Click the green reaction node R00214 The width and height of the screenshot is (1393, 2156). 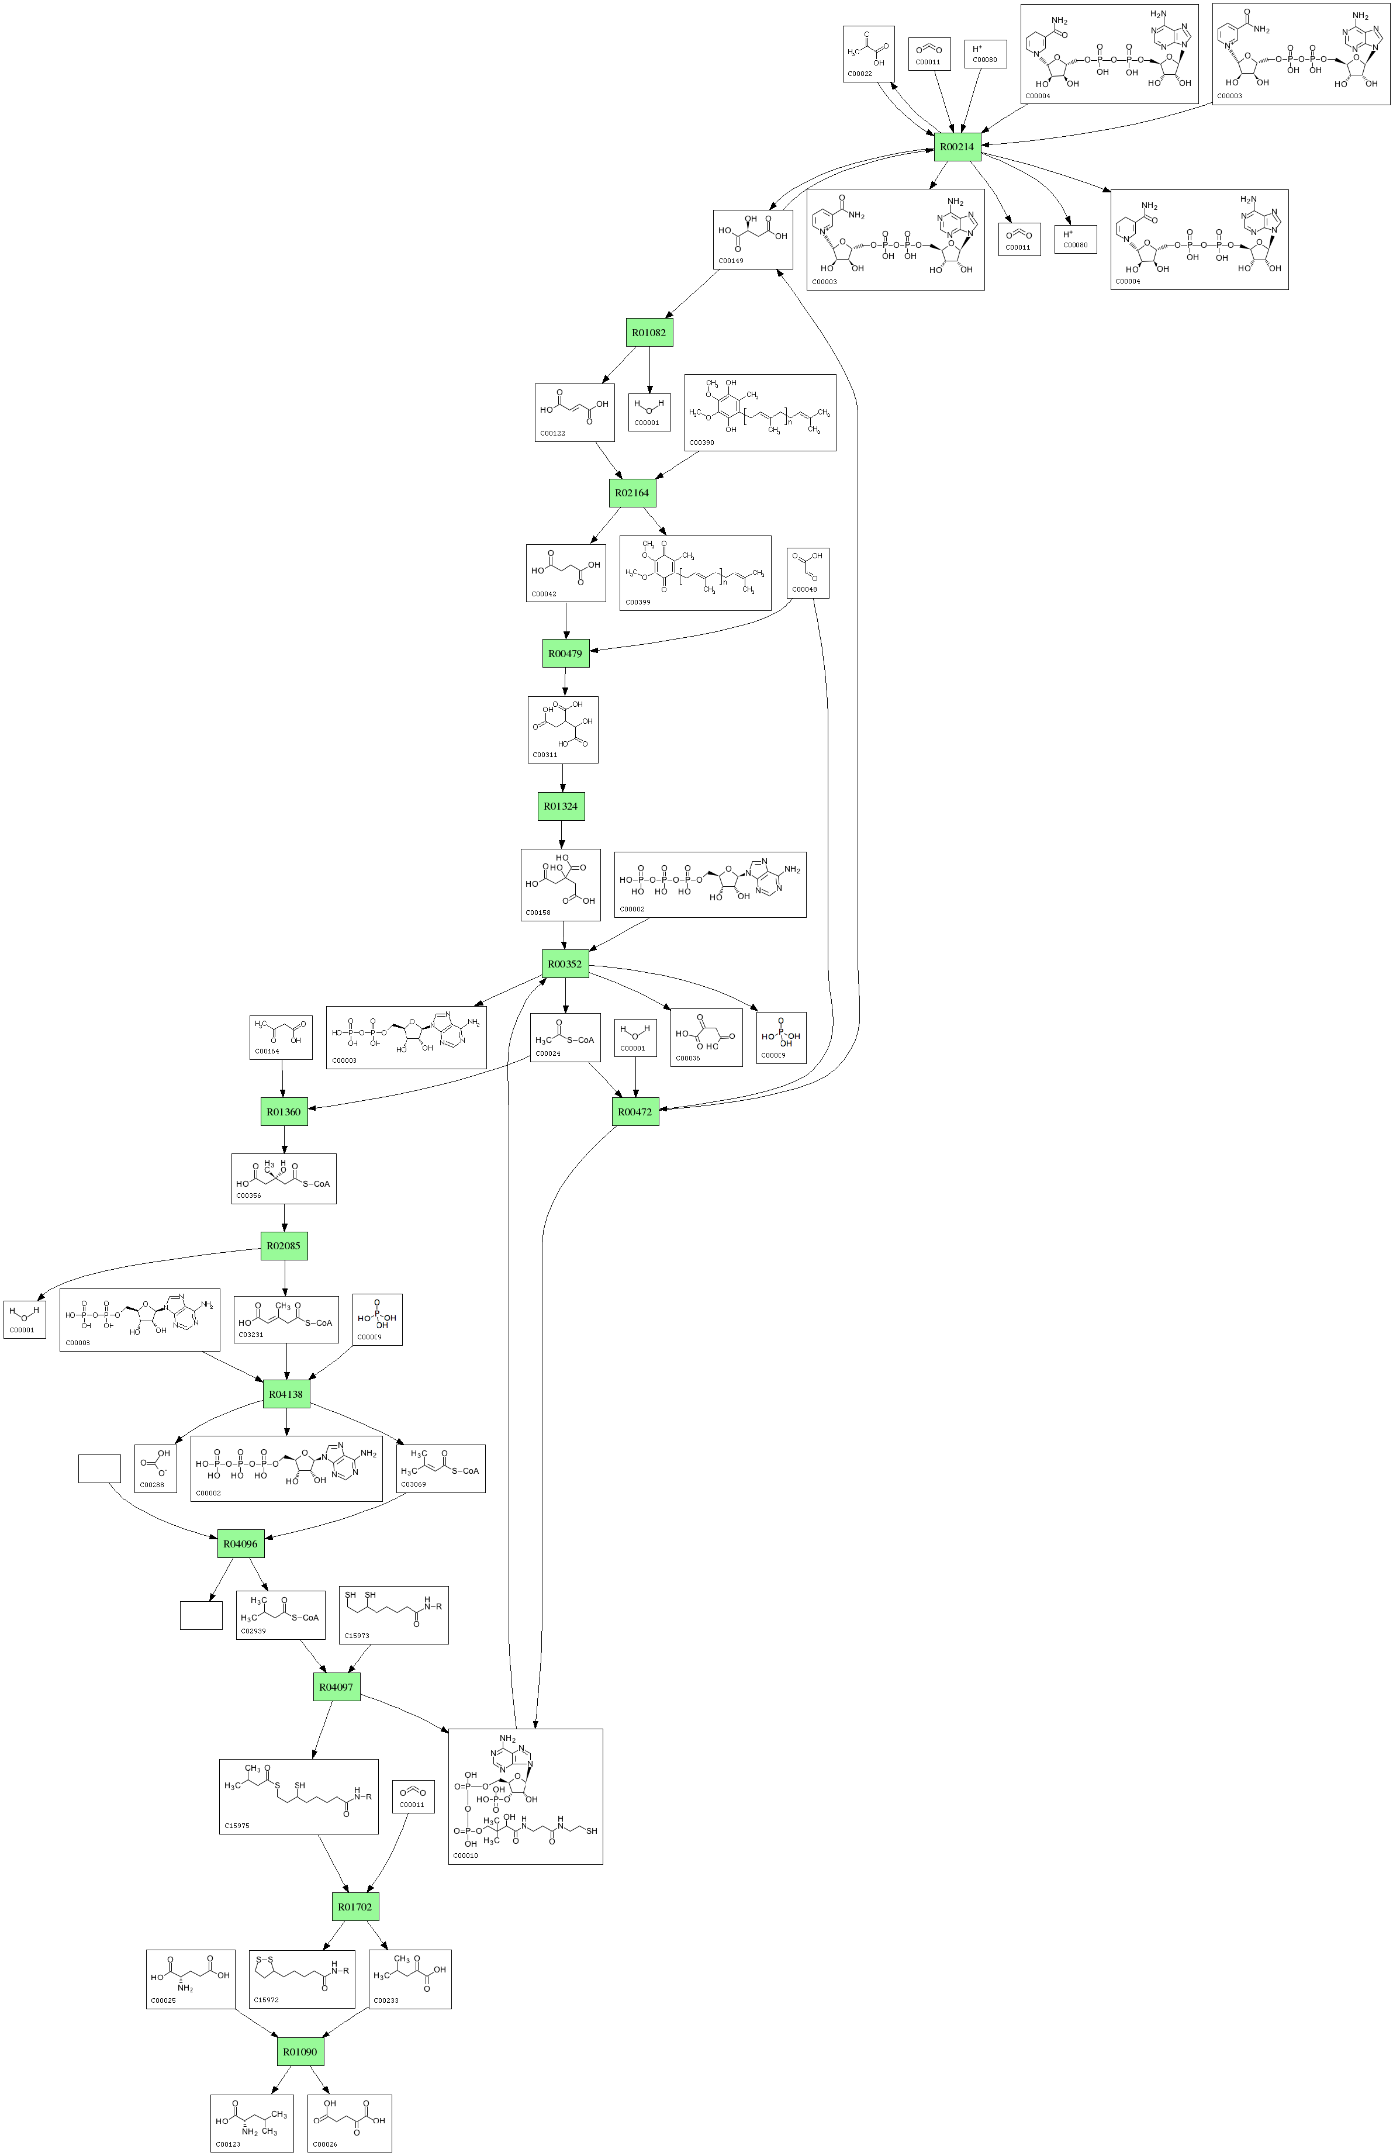pos(957,147)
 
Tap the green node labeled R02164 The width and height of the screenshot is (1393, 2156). pos(631,493)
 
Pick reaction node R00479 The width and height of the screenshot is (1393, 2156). pos(565,653)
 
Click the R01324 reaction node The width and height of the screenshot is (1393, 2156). pos(561,806)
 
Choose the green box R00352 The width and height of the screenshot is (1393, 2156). pos(565,964)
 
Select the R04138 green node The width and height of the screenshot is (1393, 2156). pos(286,1394)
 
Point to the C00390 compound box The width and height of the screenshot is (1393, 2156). pos(760,412)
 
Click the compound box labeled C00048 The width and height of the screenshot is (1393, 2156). pos(808,572)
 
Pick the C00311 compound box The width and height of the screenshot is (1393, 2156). pos(562,729)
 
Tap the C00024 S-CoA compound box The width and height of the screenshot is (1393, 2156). pos(565,1037)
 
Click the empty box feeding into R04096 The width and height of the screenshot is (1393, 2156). pos(99,1469)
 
